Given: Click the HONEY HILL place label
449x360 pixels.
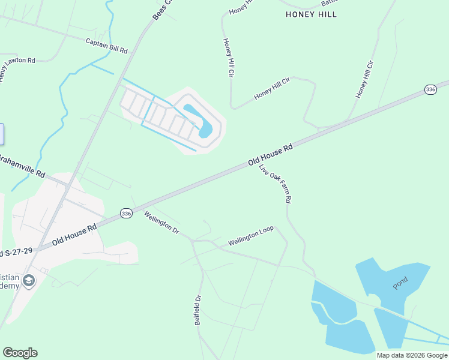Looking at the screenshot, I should point(311,14).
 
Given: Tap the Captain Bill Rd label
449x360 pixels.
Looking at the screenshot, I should point(107,46).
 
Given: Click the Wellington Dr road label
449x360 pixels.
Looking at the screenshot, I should point(161,222).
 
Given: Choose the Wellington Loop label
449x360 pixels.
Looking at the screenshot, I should point(250,236).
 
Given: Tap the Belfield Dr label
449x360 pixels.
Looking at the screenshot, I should point(197,310).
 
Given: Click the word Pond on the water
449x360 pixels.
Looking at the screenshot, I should point(400,283).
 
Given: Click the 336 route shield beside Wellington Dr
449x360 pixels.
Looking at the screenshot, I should point(125,213).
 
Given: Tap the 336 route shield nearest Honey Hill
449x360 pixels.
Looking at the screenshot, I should point(430,89).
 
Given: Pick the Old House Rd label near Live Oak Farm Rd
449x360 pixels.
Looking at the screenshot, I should point(270,155).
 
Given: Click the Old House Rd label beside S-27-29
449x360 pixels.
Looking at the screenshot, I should point(74,235).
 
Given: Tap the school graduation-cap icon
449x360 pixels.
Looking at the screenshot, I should point(28,280).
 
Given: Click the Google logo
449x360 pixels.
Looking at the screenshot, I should point(20,353).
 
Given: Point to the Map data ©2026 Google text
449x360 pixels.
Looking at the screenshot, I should point(412,355).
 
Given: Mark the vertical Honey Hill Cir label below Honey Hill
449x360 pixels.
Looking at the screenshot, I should point(228,58).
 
